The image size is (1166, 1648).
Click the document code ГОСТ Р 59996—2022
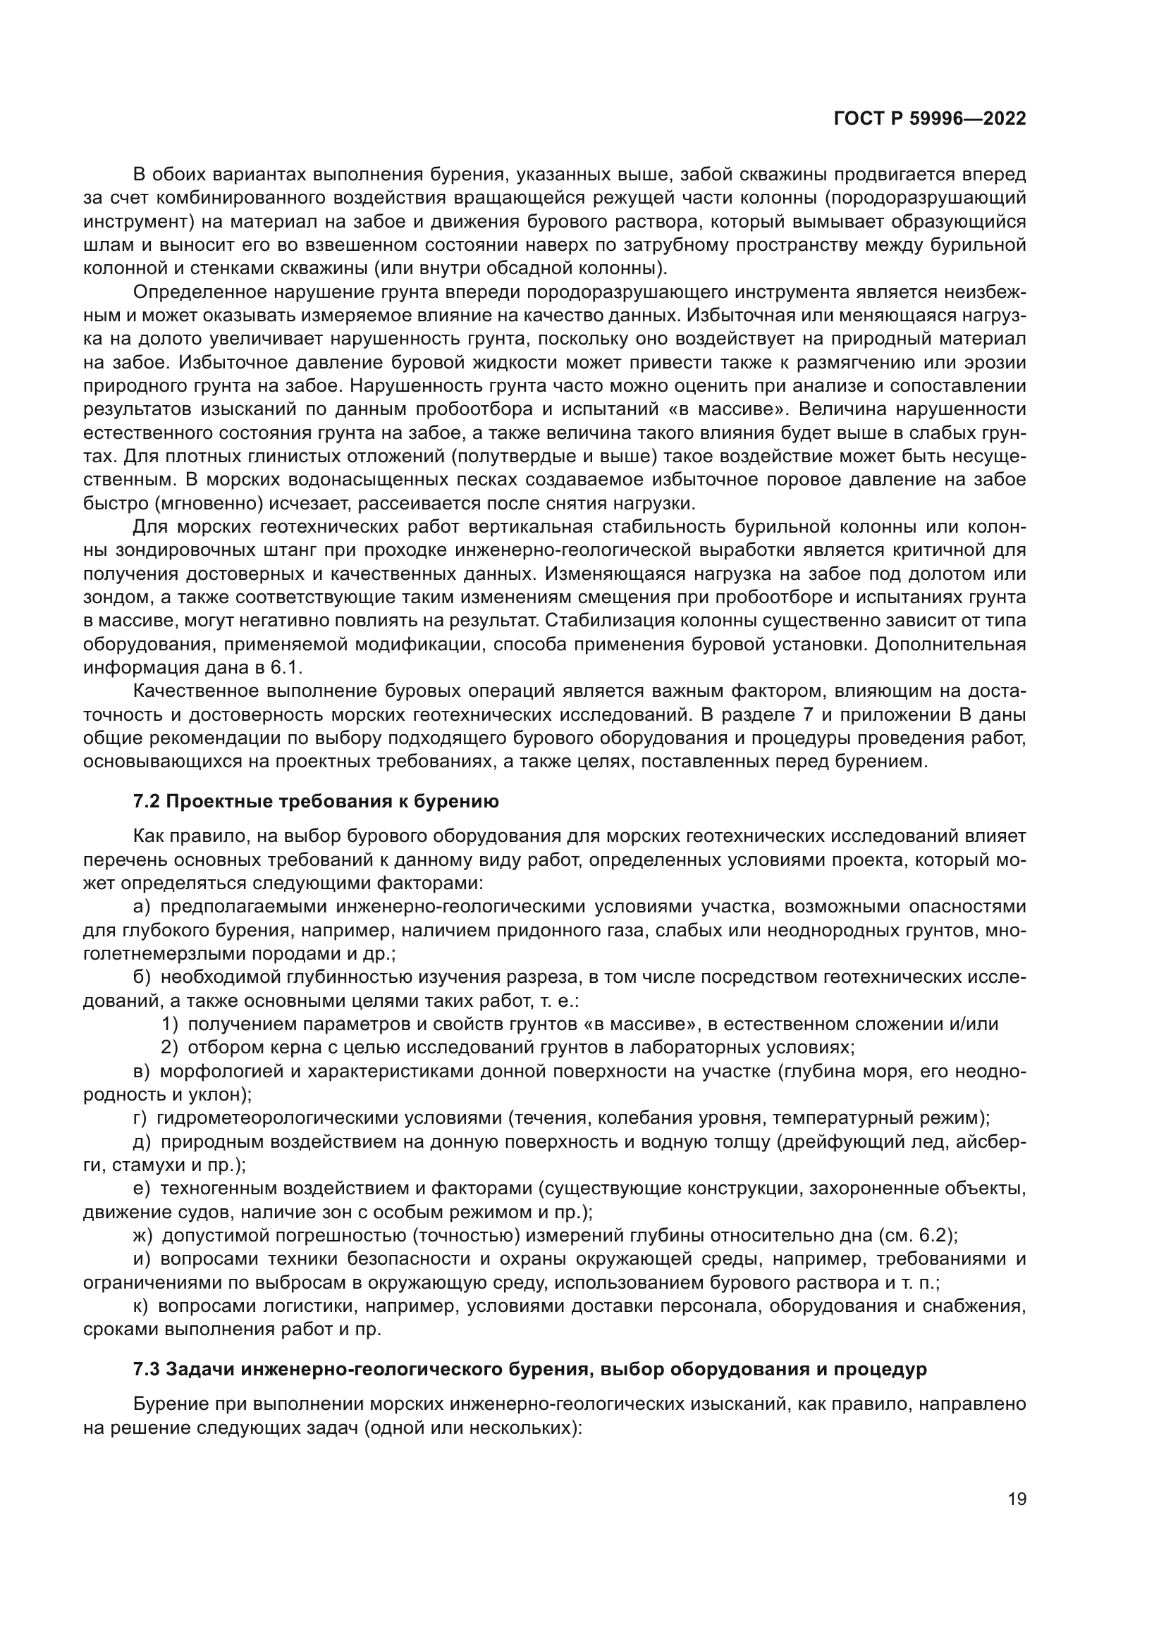click(930, 119)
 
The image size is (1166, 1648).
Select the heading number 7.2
click(147, 802)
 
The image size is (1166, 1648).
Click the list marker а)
click(142, 907)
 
